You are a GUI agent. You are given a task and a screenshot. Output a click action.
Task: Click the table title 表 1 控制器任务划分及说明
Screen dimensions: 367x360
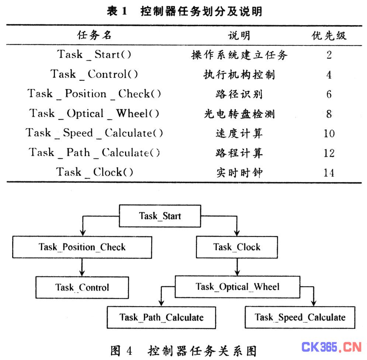point(185,11)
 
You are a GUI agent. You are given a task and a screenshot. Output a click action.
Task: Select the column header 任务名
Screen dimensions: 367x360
point(94,35)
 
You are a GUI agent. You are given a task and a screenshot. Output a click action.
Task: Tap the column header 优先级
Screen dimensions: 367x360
point(329,35)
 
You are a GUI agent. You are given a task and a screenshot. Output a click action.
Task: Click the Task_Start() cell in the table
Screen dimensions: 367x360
point(94,54)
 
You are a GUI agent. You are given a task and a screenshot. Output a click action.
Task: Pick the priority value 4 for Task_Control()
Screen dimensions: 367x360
point(329,75)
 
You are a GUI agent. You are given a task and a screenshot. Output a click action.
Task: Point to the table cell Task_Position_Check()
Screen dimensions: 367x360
point(94,94)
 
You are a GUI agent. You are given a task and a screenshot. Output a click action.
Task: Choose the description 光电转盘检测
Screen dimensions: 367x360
point(239,114)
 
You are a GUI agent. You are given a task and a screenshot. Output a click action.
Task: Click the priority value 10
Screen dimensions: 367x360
point(329,133)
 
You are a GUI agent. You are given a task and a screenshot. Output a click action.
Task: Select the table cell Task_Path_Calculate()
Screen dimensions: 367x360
point(94,152)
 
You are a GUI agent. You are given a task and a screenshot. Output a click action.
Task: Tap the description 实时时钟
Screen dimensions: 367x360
point(239,173)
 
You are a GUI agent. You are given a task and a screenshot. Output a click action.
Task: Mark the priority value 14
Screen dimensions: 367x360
point(329,173)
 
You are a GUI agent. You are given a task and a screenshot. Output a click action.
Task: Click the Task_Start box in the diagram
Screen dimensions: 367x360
point(160,216)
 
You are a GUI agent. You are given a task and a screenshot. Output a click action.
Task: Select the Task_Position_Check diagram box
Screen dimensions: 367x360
point(82,247)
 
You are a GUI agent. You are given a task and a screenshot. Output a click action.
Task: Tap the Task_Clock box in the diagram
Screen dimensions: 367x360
point(237,247)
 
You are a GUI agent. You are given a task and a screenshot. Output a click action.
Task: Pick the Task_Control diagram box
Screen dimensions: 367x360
point(82,287)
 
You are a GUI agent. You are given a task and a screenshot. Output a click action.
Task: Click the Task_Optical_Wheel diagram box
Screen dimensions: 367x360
point(237,287)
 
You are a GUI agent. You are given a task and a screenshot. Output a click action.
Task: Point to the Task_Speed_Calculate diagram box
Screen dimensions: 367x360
point(300,317)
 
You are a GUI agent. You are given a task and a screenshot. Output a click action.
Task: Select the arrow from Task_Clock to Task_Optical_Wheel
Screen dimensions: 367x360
point(237,267)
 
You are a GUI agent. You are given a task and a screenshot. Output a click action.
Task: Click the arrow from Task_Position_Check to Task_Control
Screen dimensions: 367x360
point(82,267)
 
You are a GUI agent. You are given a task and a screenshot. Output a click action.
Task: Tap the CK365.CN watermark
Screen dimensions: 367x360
point(332,347)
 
